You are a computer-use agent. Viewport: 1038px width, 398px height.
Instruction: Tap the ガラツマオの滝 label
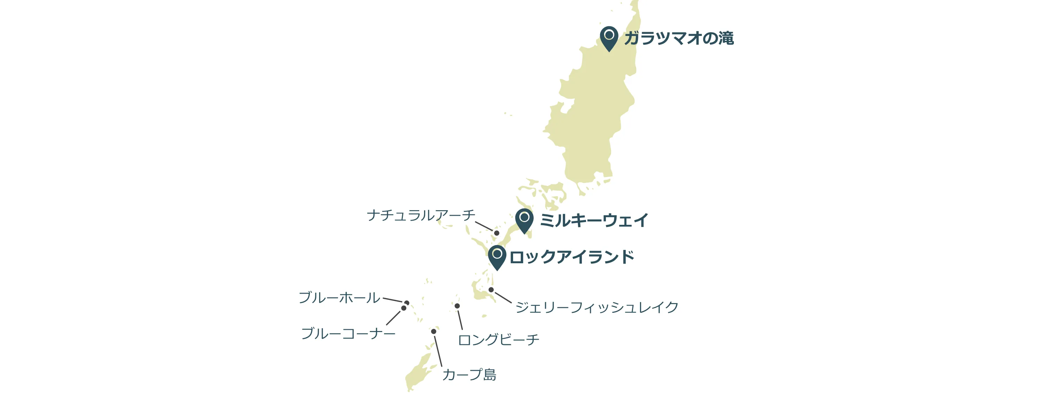pos(679,38)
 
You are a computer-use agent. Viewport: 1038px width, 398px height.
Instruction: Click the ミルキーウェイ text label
pos(594,220)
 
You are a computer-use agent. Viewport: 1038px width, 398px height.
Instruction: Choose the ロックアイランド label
pos(572,257)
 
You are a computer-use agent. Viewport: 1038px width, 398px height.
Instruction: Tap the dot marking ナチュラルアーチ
pos(496,233)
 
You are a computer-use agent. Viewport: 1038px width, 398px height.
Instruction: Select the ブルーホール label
pos(339,297)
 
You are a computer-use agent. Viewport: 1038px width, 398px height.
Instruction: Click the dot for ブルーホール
pos(407,303)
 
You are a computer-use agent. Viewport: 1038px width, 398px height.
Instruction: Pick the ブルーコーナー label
pos(348,333)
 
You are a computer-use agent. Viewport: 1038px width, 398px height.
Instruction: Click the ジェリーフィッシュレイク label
pos(597,307)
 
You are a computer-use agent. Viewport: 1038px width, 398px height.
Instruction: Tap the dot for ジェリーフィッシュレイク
pos(491,289)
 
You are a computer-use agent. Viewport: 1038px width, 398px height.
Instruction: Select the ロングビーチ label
pos(498,340)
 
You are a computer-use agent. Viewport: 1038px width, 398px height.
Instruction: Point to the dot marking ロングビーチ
pos(457,306)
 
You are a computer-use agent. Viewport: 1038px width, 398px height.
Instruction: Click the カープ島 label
pos(469,375)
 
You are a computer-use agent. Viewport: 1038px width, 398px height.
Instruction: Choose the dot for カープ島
pos(434,331)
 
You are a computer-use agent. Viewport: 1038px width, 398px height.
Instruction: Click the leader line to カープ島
pos(438,351)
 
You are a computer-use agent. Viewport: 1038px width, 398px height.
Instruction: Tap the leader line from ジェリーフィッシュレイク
pos(503,297)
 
